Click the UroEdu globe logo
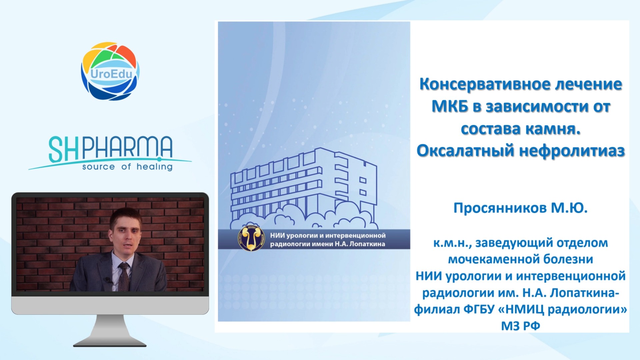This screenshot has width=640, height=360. (x=110, y=71)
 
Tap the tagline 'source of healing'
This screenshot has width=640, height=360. (x=127, y=167)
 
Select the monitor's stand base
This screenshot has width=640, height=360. (x=110, y=342)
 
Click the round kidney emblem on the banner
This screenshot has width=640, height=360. (x=251, y=238)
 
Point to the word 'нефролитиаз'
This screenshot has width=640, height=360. (x=572, y=151)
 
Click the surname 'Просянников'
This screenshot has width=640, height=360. (x=500, y=208)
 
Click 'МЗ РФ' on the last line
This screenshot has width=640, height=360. (x=521, y=326)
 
